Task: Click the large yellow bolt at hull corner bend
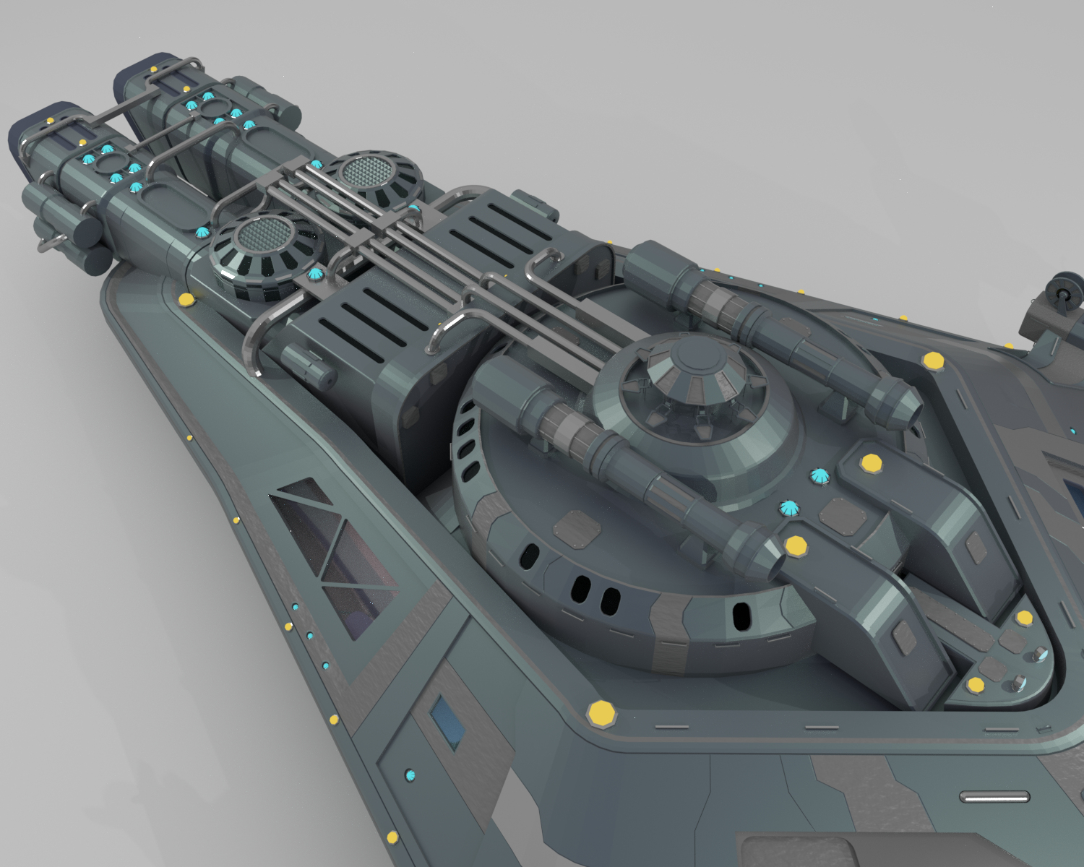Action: tap(601, 714)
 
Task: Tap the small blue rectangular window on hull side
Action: tap(445, 723)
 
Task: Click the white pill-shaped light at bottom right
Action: tap(994, 797)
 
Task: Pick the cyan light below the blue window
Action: tap(411, 776)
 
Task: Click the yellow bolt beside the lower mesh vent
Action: tap(186, 298)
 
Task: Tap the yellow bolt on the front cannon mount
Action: tap(796, 545)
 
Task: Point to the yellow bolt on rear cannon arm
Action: tap(870, 465)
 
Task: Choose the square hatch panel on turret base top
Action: tap(577, 526)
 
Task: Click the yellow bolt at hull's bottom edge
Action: tap(392, 837)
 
